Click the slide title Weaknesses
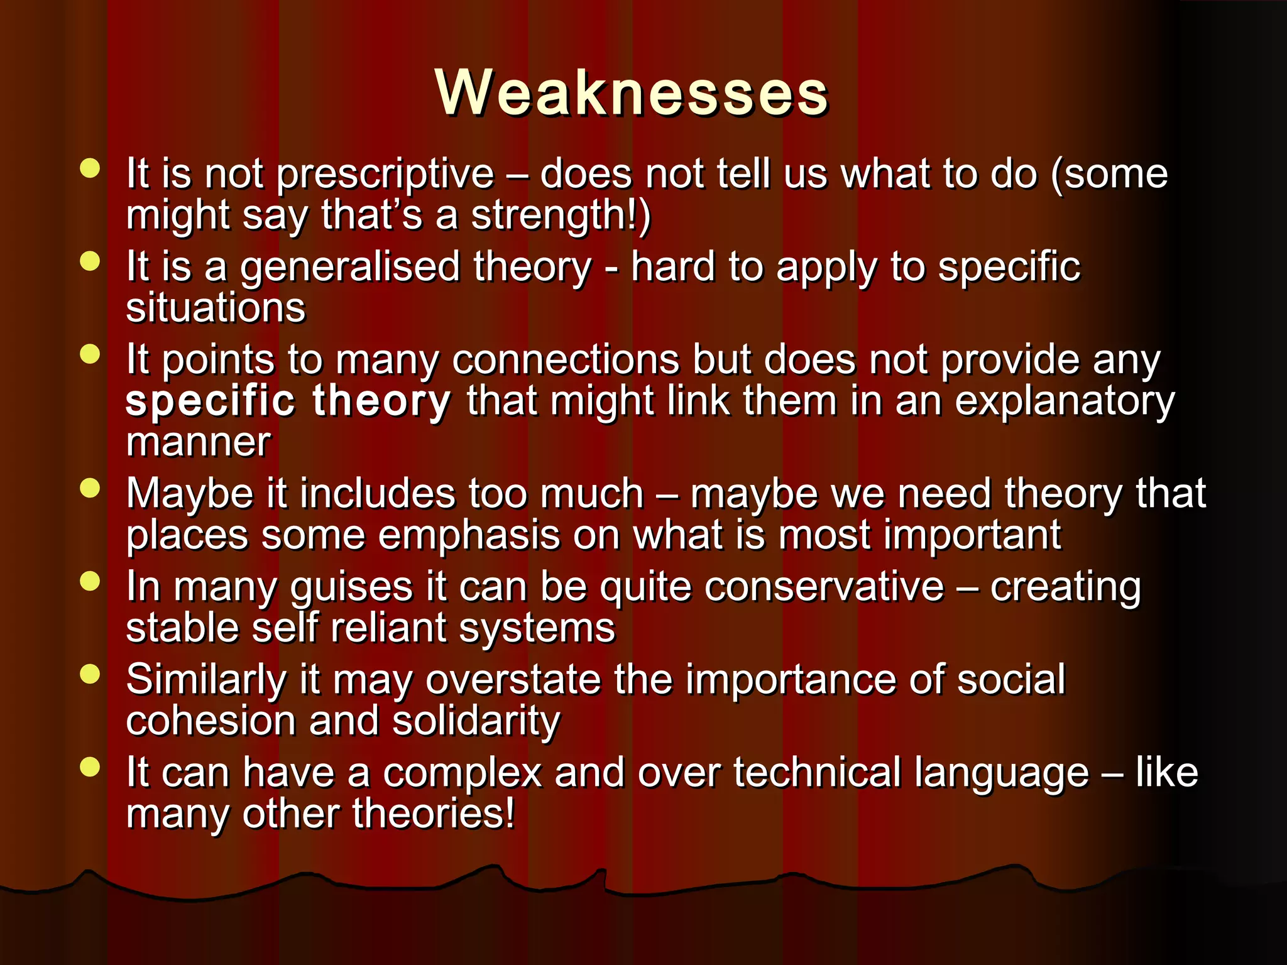click(x=632, y=93)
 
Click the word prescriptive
click(x=385, y=174)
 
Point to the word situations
click(x=216, y=308)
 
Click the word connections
click(x=566, y=360)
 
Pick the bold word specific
click(x=210, y=401)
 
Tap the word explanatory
click(x=1064, y=401)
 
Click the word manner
click(x=199, y=442)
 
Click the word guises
click(x=351, y=588)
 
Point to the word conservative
click(x=824, y=587)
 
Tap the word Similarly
click(x=206, y=680)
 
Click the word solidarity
click(x=476, y=721)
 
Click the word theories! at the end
click(x=433, y=814)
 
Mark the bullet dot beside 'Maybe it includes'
click(x=90, y=488)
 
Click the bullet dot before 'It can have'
click(x=90, y=767)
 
